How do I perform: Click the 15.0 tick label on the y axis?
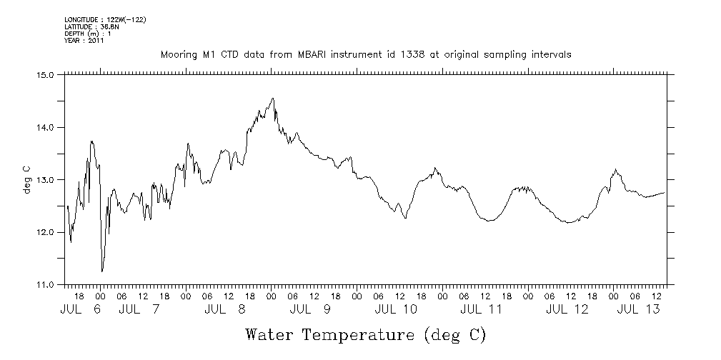tap(46, 74)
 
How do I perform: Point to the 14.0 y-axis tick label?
tap(46, 127)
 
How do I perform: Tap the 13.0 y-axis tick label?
tap(46, 179)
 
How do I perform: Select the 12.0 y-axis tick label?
tap(46, 232)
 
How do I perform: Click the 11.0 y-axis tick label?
tap(46, 285)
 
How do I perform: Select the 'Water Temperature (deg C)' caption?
tap(365, 334)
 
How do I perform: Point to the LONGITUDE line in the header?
tap(105, 19)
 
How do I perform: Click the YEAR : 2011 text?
tap(84, 41)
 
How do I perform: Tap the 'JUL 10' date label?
tap(395, 309)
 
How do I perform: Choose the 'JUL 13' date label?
tap(638, 309)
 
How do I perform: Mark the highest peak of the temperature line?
tap(273, 99)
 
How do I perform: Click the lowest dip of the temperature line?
tap(102, 271)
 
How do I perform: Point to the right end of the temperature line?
tap(665, 192)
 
